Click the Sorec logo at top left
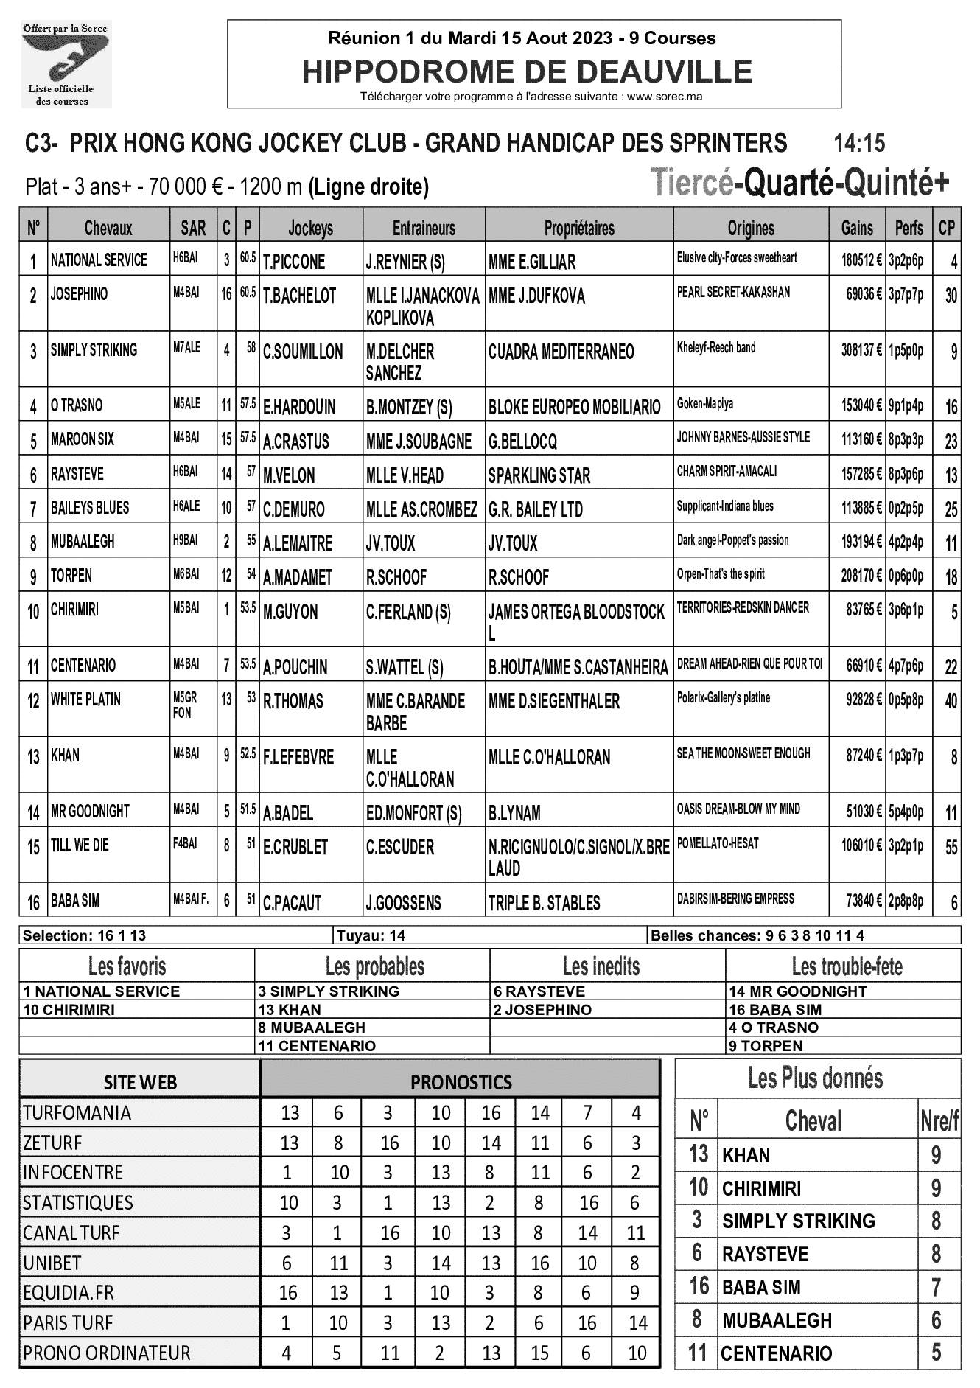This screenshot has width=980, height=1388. point(66,65)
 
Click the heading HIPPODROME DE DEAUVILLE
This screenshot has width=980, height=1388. point(527,72)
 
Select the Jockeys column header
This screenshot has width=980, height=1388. point(310,229)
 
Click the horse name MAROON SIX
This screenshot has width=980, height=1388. point(83,439)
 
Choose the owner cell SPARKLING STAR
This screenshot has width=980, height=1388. point(539,476)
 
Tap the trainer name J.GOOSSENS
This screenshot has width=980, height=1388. point(404,903)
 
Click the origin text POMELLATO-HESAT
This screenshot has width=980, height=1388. point(718,843)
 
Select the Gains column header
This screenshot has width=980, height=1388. point(857,229)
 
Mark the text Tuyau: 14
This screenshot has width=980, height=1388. point(371,936)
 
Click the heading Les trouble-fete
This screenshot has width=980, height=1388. point(847,966)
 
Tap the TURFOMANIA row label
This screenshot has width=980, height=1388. point(77,1112)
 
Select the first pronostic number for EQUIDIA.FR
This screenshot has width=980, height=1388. point(287,1292)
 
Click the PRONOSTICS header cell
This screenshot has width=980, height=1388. point(461,1082)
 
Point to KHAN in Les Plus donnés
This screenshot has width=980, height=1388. point(746,1155)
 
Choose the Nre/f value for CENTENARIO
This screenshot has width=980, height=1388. point(936,1353)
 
